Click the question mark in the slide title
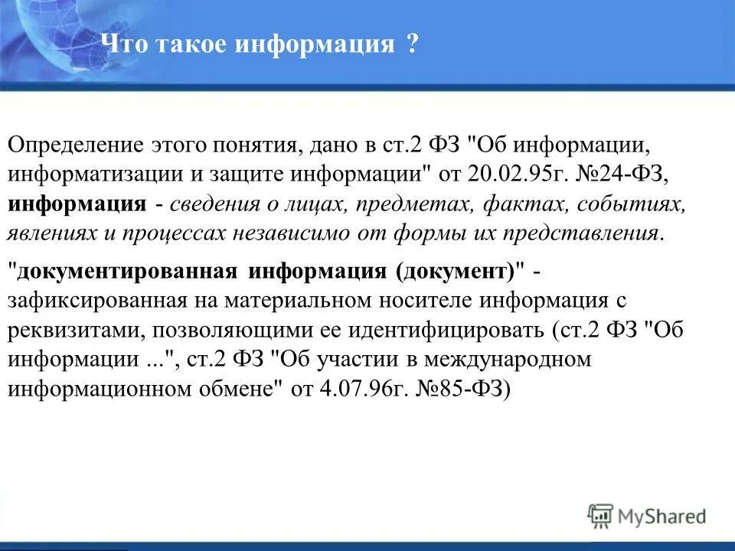click(412, 44)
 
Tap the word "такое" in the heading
click(190, 44)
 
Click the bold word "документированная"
click(127, 271)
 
